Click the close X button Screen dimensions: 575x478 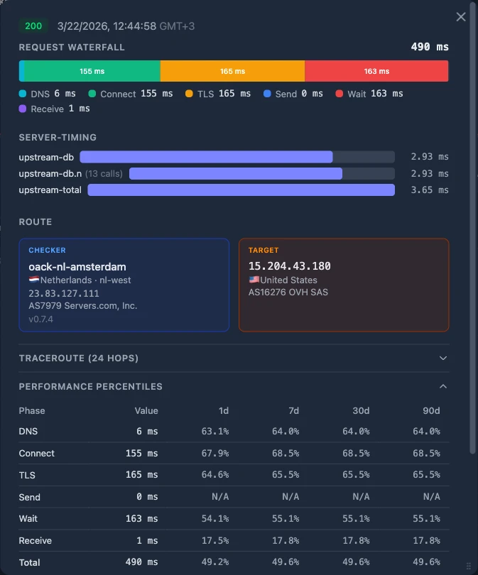pos(461,17)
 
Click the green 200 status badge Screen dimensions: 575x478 pos(33,26)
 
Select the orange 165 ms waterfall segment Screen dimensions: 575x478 pos(232,71)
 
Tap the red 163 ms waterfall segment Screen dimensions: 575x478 pos(376,71)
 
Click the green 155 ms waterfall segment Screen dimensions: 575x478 pos(92,71)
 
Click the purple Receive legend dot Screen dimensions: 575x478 pos(23,109)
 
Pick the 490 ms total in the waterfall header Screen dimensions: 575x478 pos(430,47)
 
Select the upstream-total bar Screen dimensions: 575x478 pos(241,190)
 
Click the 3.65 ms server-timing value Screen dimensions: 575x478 pos(430,190)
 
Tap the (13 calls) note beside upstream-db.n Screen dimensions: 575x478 pos(104,173)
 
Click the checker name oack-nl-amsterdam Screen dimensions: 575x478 pos(77,267)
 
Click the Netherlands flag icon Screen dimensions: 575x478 pos(33,280)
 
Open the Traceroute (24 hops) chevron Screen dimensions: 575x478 pos(443,358)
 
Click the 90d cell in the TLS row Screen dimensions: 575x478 pos(427,475)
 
